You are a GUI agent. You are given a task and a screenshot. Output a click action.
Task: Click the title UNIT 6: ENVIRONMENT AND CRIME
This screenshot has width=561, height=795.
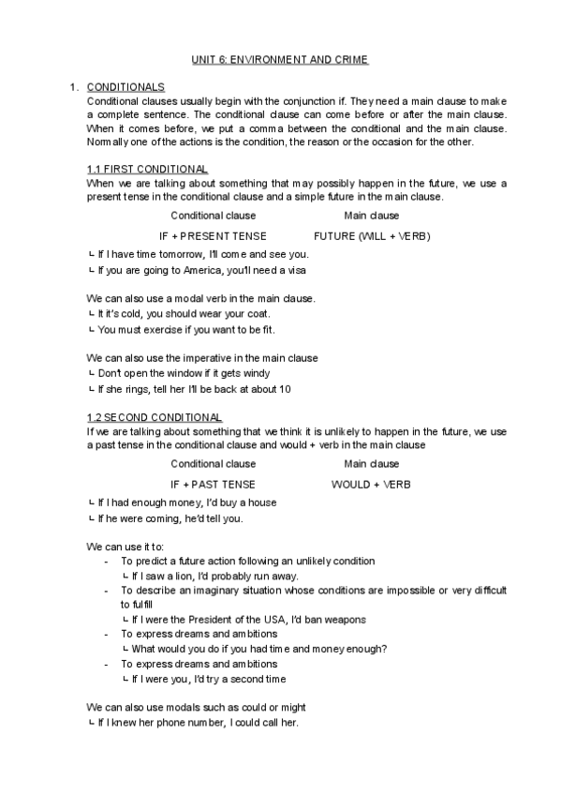[280, 60]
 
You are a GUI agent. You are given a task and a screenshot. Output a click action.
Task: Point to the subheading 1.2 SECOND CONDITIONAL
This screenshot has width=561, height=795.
[154, 416]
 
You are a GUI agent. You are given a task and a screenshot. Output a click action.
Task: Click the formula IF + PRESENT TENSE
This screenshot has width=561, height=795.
[213, 236]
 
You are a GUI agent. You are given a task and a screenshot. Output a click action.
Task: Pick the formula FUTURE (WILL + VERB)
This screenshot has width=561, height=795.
[372, 236]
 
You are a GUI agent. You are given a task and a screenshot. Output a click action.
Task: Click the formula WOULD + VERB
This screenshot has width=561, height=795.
[371, 484]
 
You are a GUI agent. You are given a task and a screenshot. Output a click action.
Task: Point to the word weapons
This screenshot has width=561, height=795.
[346, 620]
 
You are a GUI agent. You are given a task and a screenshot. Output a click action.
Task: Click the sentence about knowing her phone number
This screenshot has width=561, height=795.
[194, 723]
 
